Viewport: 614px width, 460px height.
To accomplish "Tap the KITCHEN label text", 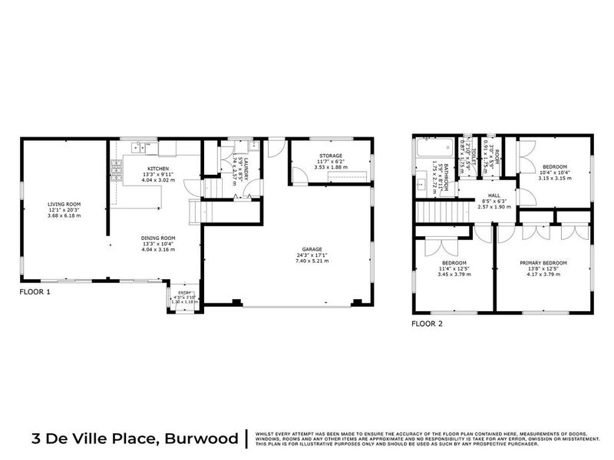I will (158, 168).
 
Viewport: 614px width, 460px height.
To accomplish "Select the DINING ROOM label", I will (158, 238).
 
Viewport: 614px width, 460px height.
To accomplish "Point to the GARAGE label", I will (311, 249).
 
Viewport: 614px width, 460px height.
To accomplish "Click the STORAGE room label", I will (332, 156).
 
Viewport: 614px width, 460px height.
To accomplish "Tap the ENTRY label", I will (184, 292).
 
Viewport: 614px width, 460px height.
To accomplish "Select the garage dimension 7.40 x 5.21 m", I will (311, 261).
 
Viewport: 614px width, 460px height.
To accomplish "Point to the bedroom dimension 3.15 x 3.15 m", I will (555, 179).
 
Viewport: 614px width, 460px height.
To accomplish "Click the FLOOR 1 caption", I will (35, 293).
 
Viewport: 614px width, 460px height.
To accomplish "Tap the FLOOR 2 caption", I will (427, 323).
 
